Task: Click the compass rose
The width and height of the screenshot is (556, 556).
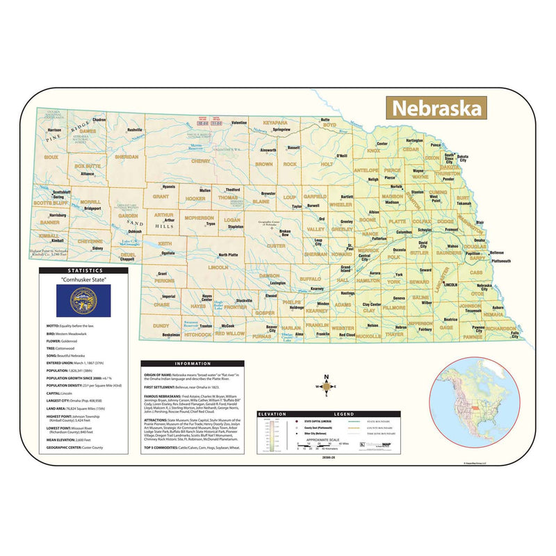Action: tap(327, 387)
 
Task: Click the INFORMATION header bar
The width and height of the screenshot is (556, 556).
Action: tap(193, 363)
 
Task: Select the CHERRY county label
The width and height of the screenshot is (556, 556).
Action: tap(200, 161)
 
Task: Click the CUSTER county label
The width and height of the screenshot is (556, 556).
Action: tap(276, 245)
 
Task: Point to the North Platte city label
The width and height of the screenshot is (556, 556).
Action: tap(228, 255)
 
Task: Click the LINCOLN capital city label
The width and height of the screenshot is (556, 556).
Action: tap(450, 285)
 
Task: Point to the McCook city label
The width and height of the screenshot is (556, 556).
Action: tap(228, 325)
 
